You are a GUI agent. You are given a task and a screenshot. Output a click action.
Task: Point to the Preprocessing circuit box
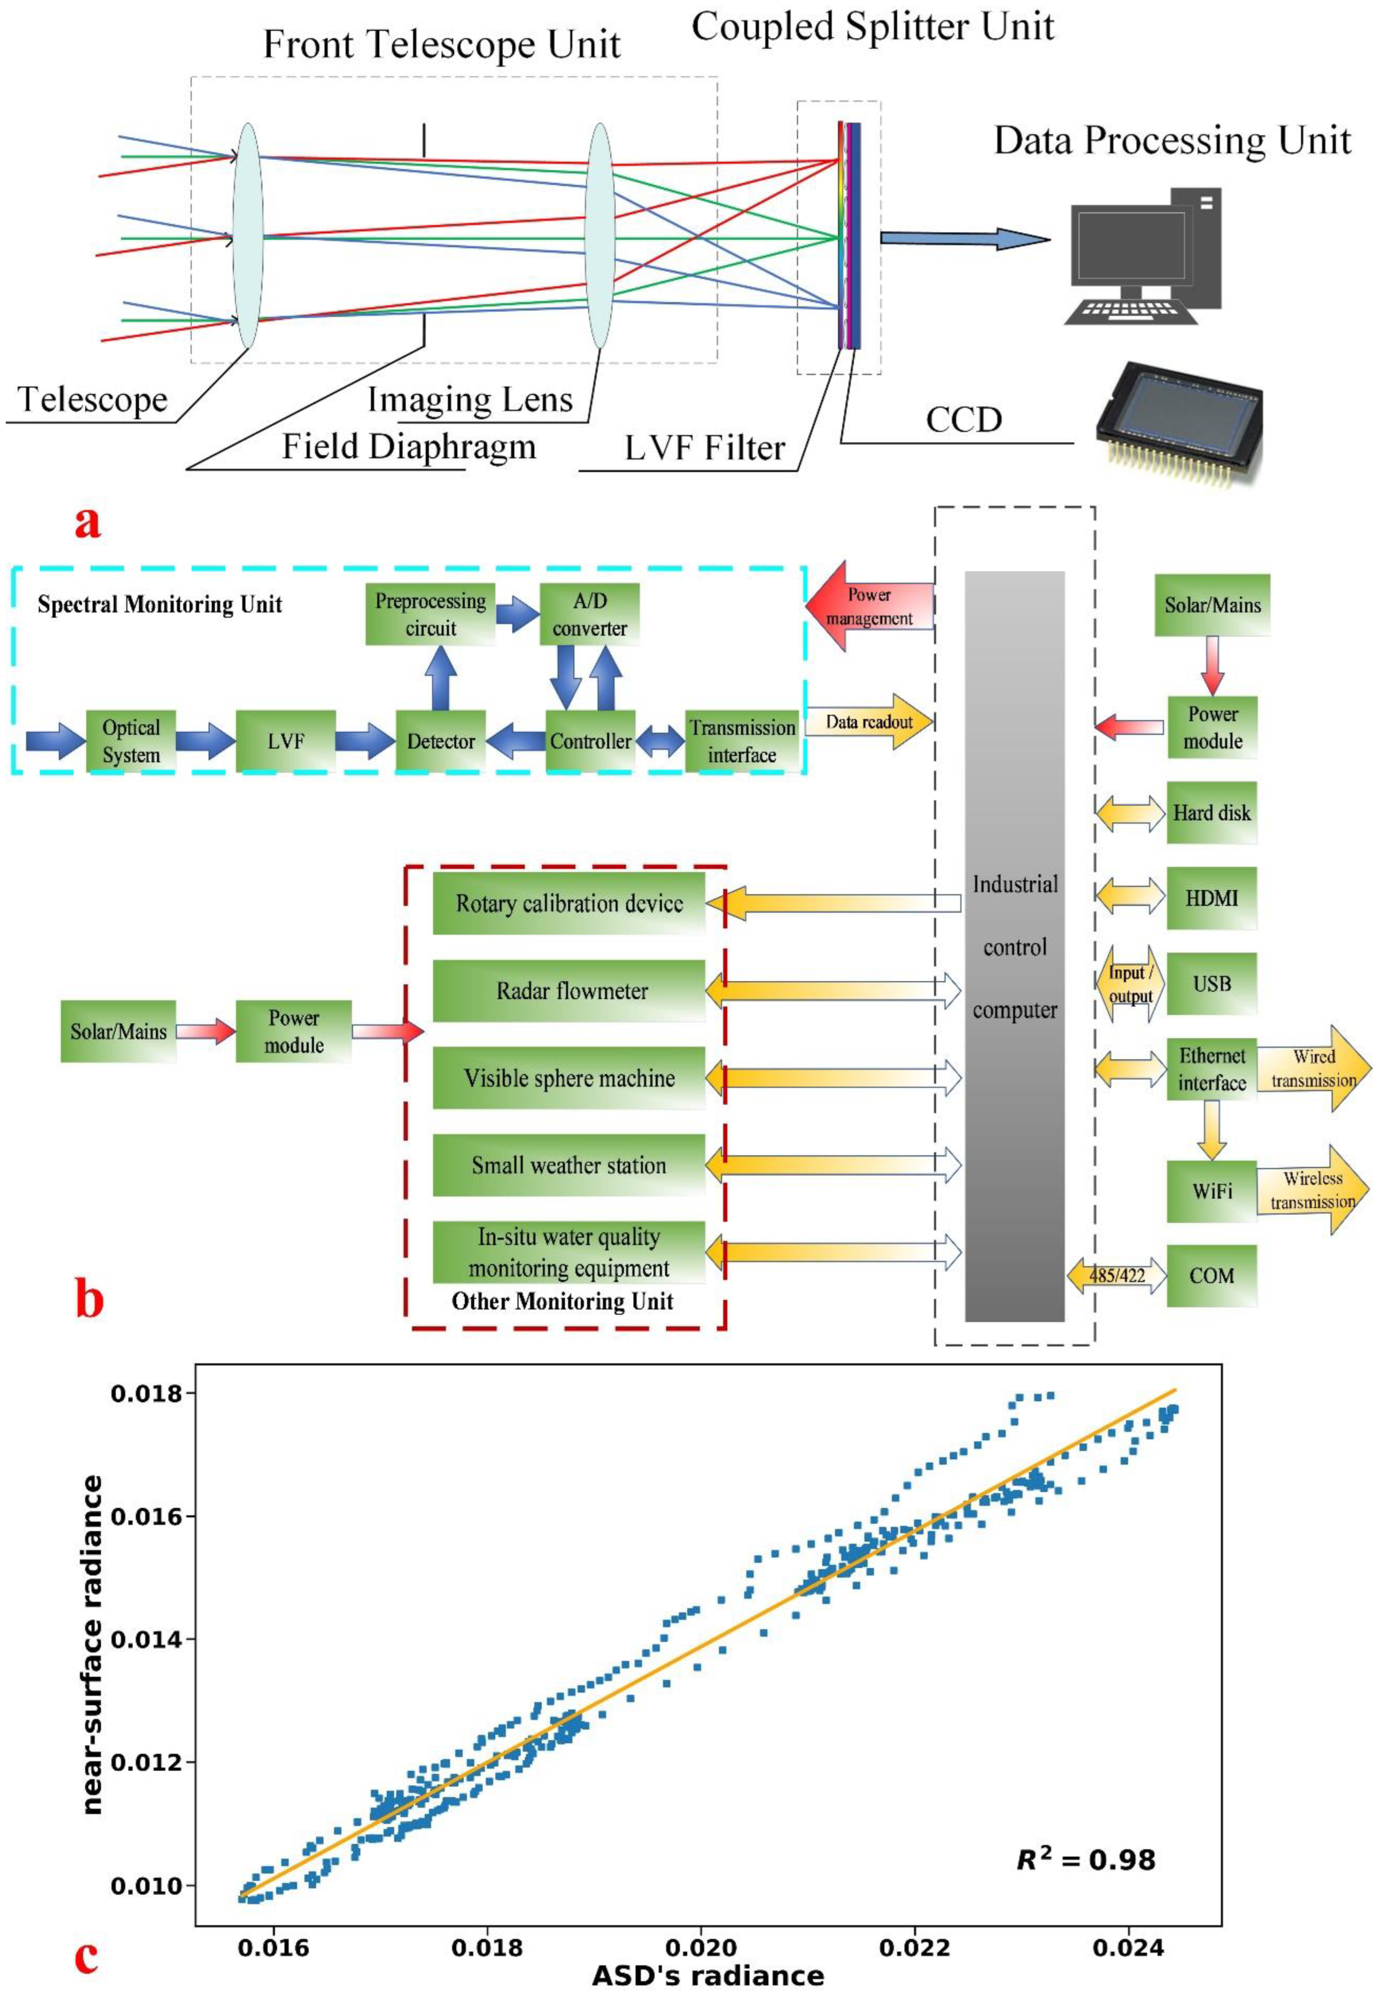(430, 614)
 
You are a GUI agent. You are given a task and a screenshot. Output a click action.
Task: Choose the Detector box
(440, 740)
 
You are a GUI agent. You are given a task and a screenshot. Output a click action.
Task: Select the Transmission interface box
(742, 740)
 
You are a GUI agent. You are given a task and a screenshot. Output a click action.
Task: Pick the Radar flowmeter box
(569, 991)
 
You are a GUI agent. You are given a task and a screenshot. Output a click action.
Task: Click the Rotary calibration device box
(569, 903)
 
